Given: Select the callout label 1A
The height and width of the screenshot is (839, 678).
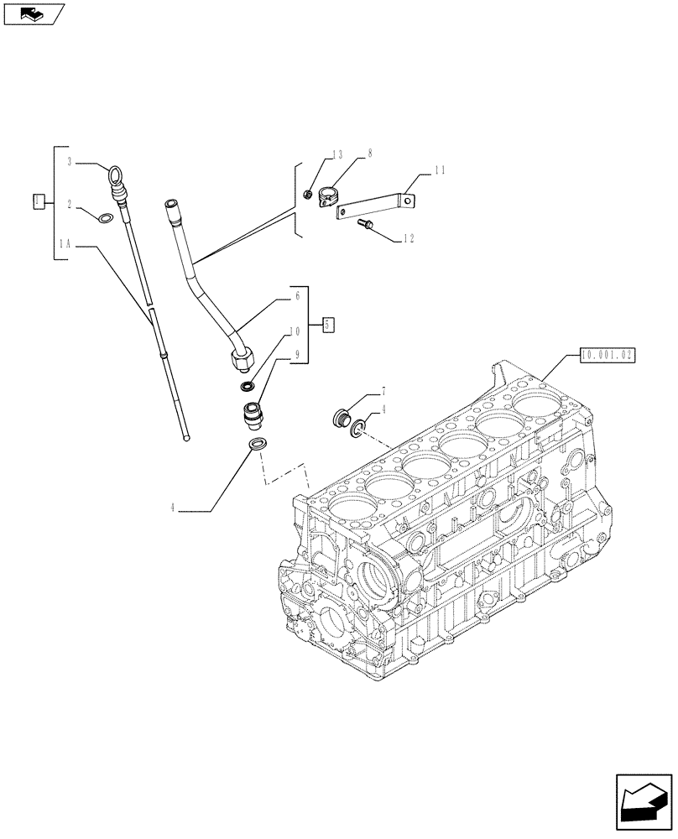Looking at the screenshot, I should tap(65, 244).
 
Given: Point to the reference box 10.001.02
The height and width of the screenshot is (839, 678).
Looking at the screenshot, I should tap(607, 356).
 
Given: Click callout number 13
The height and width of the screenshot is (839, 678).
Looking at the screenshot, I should tap(337, 154).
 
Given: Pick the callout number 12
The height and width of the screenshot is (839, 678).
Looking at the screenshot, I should tap(409, 238).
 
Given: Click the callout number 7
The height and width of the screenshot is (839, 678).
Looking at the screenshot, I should tap(383, 391).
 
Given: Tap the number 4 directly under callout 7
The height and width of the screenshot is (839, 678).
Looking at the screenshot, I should tap(383, 409).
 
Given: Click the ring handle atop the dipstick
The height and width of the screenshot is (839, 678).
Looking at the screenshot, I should tap(115, 175).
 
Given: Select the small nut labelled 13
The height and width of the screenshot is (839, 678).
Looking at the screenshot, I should tap(309, 195).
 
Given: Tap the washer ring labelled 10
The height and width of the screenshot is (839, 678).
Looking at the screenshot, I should tap(248, 386).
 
